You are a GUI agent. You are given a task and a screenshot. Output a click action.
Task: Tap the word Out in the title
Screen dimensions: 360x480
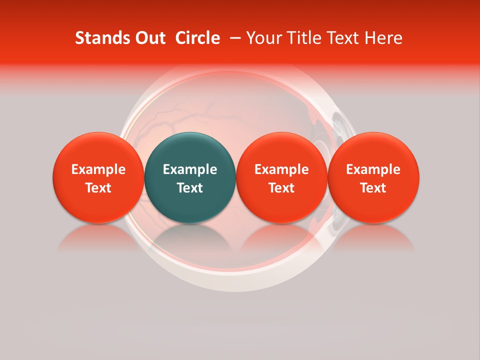(147, 38)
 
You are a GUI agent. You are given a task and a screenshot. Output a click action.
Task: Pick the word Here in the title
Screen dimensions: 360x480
(384, 38)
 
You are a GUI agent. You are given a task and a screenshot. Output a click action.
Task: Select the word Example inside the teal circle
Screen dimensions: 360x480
(190, 169)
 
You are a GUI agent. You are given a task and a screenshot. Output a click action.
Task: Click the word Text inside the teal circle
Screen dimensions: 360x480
(190, 188)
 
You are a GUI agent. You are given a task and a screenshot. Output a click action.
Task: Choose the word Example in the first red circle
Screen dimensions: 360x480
(98, 169)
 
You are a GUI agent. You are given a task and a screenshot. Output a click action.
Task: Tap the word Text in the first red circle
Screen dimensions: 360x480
(98, 188)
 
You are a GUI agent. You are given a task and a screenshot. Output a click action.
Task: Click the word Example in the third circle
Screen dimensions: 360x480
(281, 169)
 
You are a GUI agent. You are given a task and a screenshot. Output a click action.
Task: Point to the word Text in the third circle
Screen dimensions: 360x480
(281, 188)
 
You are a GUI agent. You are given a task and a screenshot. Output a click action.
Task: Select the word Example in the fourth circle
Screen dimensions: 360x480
(373, 169)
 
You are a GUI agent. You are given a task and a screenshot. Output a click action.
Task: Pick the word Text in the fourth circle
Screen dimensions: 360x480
(373, 188)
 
